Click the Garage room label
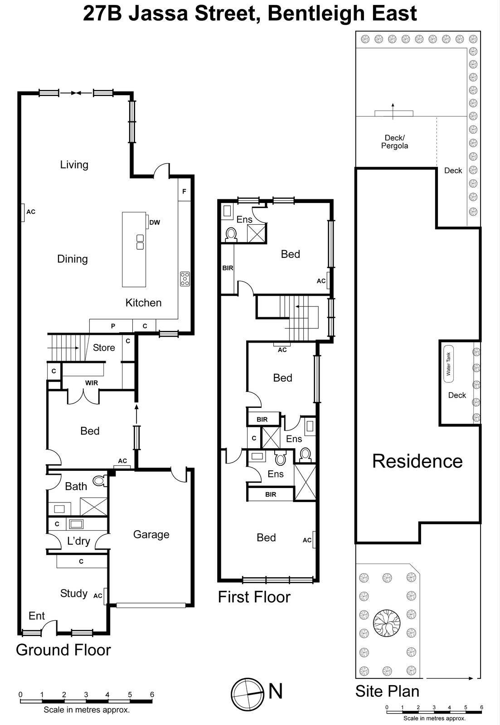[x=151, y=535]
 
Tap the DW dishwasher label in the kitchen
[x=155, y=222]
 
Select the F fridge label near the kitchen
[x=184, y=192]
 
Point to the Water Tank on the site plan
[x=449, y=364]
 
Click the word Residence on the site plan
[x=417, y=461]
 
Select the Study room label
[x=73, y=594]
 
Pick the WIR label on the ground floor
[x=92, y=383]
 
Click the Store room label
[x=104, y=348]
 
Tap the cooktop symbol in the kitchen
[x=184, y=279]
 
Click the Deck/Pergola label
[x=394, y=142]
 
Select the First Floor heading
[x=254, y=597]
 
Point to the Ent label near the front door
[x=36, y=616]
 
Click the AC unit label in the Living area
[x=31, y=212]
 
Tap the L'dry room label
[x=78, y=541]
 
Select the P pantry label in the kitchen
[x=113, y=326]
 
